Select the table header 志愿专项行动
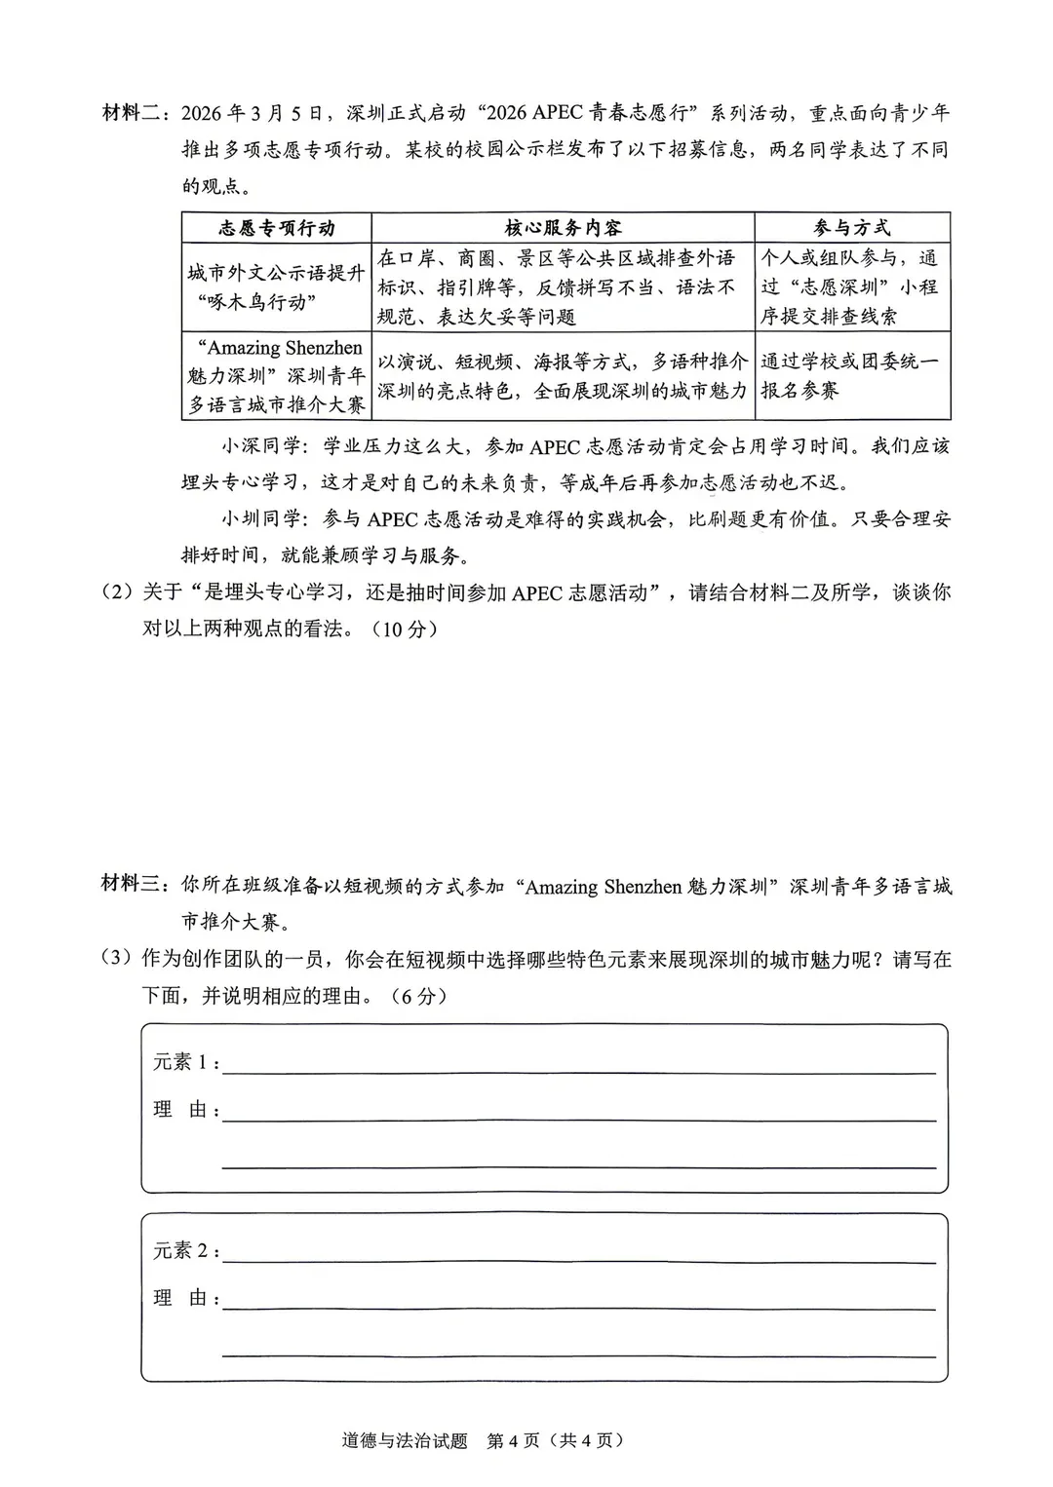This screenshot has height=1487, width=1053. click(x=276, y=228)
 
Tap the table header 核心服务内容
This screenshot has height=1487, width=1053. click(x=563, y=228)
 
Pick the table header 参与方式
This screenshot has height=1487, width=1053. click(x=851, y=228)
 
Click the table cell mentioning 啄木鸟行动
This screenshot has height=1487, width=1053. click(x=276, y=287)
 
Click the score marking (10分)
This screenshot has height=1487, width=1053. click(x=405, y=629)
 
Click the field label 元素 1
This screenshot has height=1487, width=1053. click(x=185, y=1063)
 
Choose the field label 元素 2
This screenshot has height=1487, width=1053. click(x=185, y=1252)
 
